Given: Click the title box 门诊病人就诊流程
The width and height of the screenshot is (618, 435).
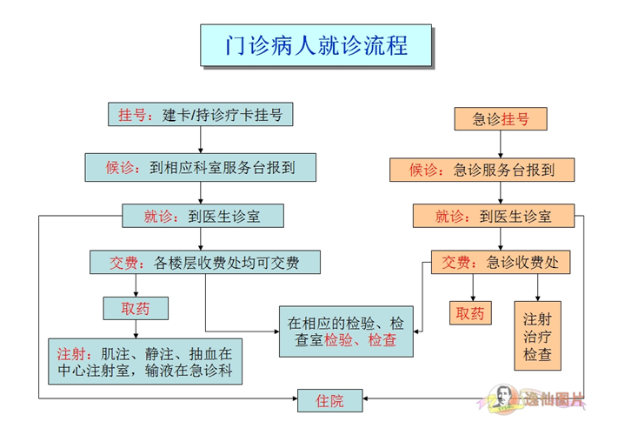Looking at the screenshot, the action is tap(316, 45).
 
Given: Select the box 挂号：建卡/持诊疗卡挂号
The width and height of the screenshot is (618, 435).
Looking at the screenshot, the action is tap(200, 114).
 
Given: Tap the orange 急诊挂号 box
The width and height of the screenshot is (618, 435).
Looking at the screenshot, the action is tap(501, 118).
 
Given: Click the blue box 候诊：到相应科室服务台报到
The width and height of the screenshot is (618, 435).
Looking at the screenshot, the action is tap(200, 168).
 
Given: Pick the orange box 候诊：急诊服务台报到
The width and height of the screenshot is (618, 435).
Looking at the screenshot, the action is tap(482, 170).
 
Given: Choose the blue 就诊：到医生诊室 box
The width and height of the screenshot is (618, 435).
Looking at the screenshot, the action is tap(203, 216).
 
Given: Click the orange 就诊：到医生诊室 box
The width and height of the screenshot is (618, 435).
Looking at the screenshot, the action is tap(494, 216).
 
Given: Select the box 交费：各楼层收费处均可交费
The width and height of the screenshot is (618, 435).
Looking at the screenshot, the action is tap(205, 262).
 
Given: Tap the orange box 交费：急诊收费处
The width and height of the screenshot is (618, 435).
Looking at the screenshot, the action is tap(501, 262).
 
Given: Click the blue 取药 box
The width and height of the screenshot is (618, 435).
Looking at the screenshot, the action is tap(136, 308).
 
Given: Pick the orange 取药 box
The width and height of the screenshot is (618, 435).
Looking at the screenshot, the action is tap(470, 313).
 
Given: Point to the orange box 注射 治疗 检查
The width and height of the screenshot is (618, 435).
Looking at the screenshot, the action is tap(537, 336).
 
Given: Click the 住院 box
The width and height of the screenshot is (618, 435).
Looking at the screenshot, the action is tap(330, 401).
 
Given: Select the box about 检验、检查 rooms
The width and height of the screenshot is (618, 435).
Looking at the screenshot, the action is tap(346, 331).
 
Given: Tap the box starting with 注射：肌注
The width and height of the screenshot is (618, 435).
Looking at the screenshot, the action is tap(145, 361).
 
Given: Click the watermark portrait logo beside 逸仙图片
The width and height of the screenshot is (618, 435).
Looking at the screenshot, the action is tap(502, 398).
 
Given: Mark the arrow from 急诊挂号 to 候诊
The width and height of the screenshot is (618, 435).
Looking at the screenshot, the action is tap(501, 144).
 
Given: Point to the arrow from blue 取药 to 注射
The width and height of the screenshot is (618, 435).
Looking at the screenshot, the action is tap(136, 330).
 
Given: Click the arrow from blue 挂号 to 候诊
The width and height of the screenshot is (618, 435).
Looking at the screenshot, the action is tap(200, 140).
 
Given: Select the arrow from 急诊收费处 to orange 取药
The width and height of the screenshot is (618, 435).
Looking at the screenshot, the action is tap(473, 288).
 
